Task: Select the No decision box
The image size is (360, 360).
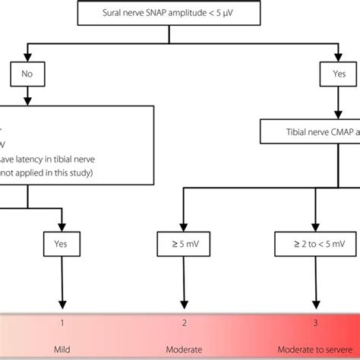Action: pos(27,74)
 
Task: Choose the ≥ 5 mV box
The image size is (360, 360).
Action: pos(182,245)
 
